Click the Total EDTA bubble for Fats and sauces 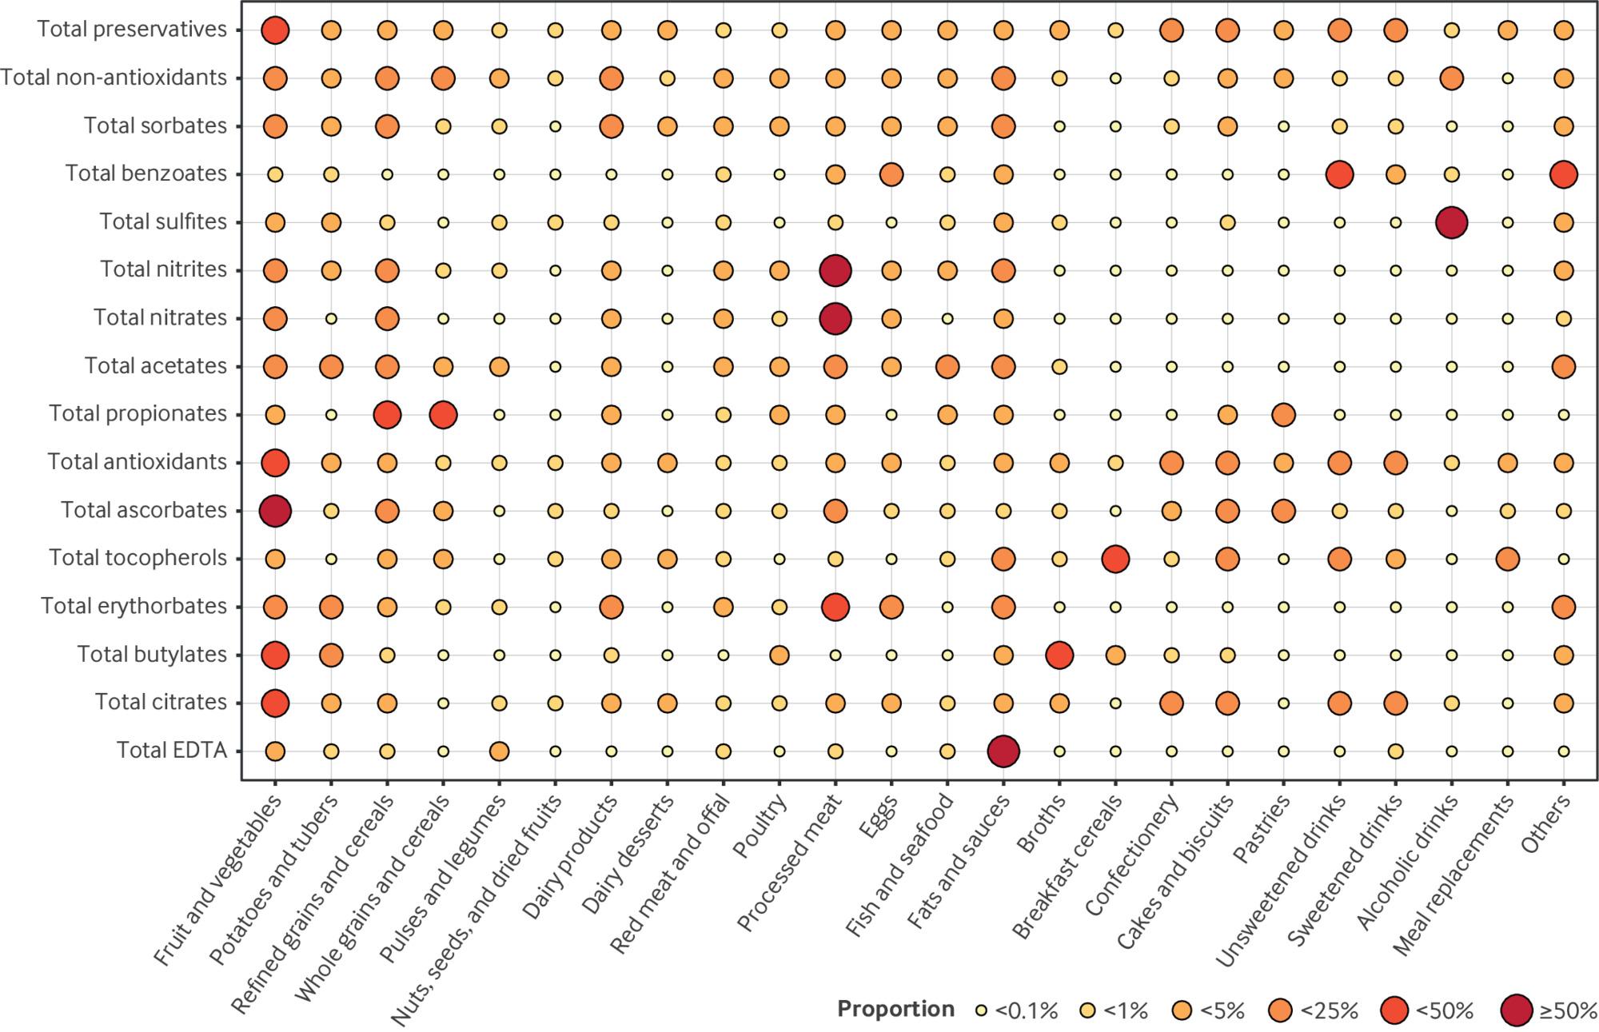(1003, 751)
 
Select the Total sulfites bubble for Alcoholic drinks (1451, 222)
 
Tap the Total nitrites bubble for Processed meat (835, 271)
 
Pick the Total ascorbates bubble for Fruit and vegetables (275, 511)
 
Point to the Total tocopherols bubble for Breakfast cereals (1115, 559)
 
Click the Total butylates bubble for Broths (1059, 655)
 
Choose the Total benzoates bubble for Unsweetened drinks (1339, 174)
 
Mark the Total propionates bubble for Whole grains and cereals (443, 415)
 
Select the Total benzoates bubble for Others (1563, 174)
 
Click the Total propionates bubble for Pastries (1283, 415)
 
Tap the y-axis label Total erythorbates (134, 606)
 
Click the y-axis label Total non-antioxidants (114, 78)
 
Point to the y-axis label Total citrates (161, 702)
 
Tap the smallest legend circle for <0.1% (983, 1010)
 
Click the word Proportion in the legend (895, 1010)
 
